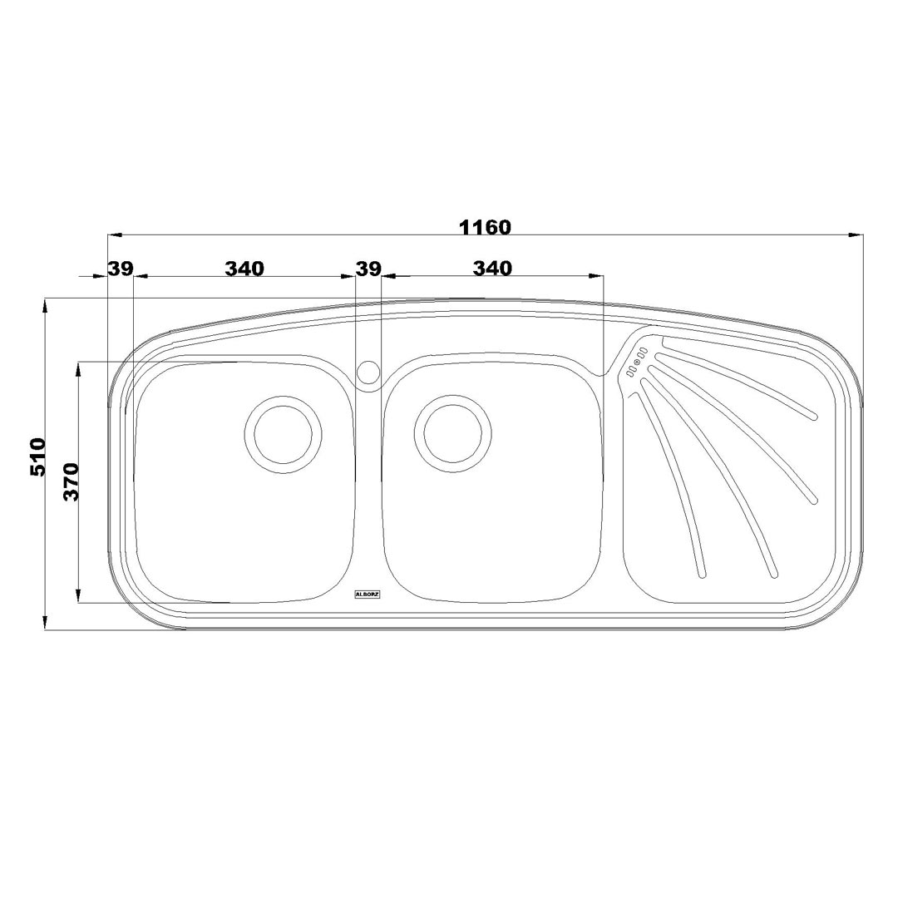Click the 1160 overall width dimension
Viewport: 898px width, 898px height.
click(485, 227)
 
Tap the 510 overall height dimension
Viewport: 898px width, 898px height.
click(38, 456)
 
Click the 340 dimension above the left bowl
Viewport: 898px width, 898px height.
click(244, 268)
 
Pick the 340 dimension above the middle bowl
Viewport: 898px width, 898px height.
click(492, 268)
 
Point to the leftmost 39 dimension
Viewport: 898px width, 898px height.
click(121, 268)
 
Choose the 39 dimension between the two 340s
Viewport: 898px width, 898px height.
click(368, 268)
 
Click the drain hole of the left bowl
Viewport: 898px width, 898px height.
click(280, 433)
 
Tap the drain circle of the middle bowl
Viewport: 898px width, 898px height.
click(453, 433)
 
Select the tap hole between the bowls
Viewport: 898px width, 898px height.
click(368, 371)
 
